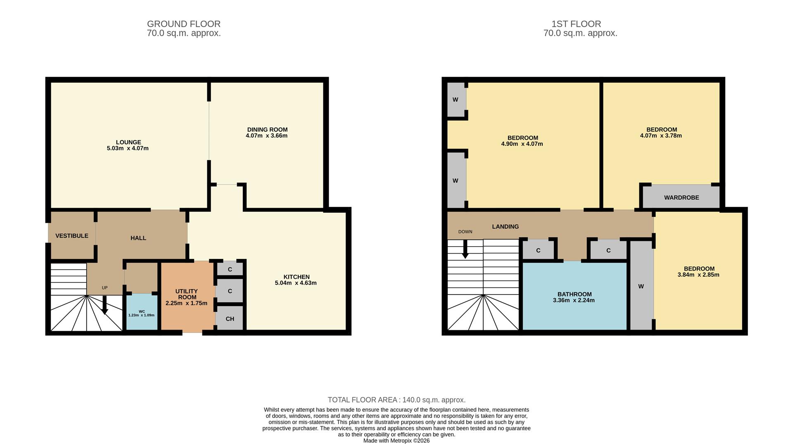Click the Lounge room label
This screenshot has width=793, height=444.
pyautogui.click(x=128, y=142)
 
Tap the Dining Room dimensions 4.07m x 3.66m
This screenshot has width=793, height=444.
pyautogui.click(x=266, y=136)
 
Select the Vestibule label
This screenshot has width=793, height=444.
pyautogui.click(x=72, y=236)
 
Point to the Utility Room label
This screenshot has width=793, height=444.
pyautogui.click(x=186, y=294)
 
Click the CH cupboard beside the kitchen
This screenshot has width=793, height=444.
pyautogui.click(x=230, y=318)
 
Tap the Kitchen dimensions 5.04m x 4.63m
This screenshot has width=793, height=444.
pyautogui.click(x=296, y=283)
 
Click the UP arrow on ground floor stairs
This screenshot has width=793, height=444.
pyautogui.click(x=104, y=306)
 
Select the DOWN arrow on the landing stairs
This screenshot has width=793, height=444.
pyautogui.click(x=465, y=249)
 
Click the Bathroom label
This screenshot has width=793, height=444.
pyautogui.click(x=574, y=294)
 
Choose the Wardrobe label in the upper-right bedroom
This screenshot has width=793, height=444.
pyautogui.click(x=681, y=197)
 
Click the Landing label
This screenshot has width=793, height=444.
pyautogui.click(x=505, y=226)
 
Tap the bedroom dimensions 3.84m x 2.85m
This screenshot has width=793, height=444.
pyautogui.click(x=698, y=275)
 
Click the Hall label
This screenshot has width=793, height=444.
pyautogui.click(x=138, y=238)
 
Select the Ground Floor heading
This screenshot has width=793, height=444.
pyautogui.click(x=184, y=24)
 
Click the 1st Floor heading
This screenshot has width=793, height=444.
pyautogui.click(x=576, y=24)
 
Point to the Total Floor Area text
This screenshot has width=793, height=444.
pyautogui.click(x=396, y=400)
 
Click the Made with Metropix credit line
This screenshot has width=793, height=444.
pyautogui.click(x=396, y=441)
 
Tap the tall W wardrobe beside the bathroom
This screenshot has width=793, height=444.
pyautogui.click(x=641, y=286)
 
